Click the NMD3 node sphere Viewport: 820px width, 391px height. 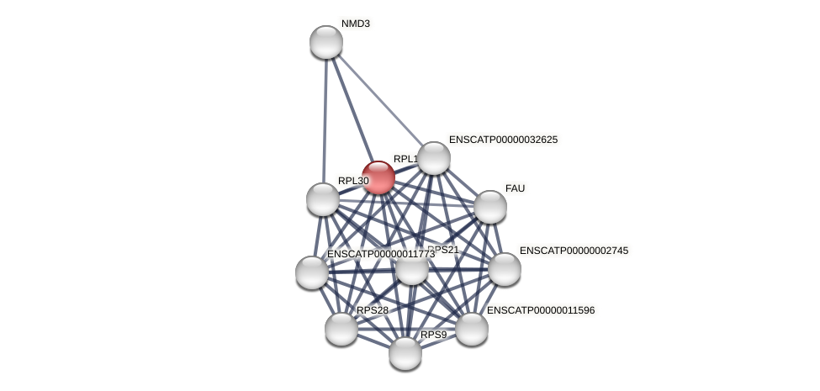pos(326,42)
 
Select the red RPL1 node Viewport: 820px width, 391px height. pos(378,177)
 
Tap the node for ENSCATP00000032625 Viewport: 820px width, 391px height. pos(434,158)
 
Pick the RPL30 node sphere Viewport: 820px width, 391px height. pos(323,199)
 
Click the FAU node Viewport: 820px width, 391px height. pos(490,207)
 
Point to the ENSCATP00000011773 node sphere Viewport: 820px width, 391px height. pos(312,272)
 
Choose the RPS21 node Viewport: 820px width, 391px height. pos(412,269)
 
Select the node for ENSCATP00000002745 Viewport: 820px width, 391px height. pos(505,269)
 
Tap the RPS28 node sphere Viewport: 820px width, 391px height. pos(341,329)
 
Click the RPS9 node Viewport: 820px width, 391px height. pos(405,353)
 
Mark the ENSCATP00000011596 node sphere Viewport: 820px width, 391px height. pos(472,329)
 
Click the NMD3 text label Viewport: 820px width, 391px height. pos(355,24)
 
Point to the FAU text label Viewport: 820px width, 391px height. pos(515,188)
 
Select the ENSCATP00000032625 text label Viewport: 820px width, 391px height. pos(503,140)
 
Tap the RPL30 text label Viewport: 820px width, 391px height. pos(353,181)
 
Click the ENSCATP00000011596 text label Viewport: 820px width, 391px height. pos(541,310)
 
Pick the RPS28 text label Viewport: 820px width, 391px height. pos(373,310)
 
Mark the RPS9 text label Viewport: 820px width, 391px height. pos(434,335)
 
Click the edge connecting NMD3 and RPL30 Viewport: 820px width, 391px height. pos(325,118)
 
